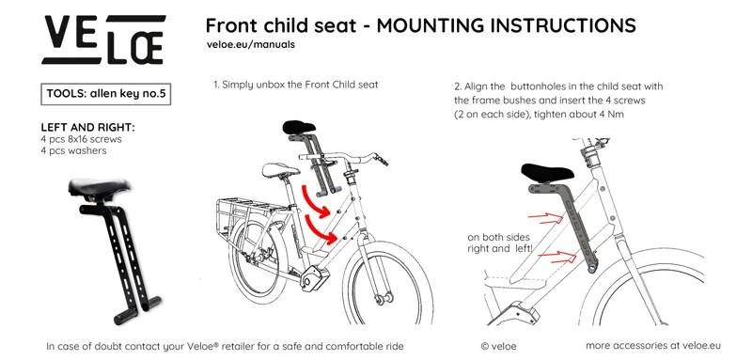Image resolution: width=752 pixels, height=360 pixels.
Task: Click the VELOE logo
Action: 104,39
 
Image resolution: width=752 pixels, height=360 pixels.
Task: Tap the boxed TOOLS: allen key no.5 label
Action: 106,93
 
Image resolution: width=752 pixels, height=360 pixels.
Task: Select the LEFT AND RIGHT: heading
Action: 87,127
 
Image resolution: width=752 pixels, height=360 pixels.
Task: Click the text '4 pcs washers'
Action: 73,150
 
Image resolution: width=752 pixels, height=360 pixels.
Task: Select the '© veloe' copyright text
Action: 498,346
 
